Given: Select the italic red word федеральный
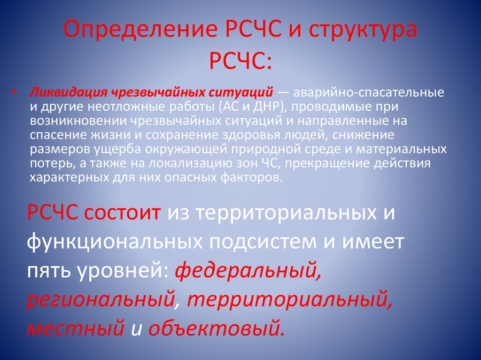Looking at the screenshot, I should pos(248,271).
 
